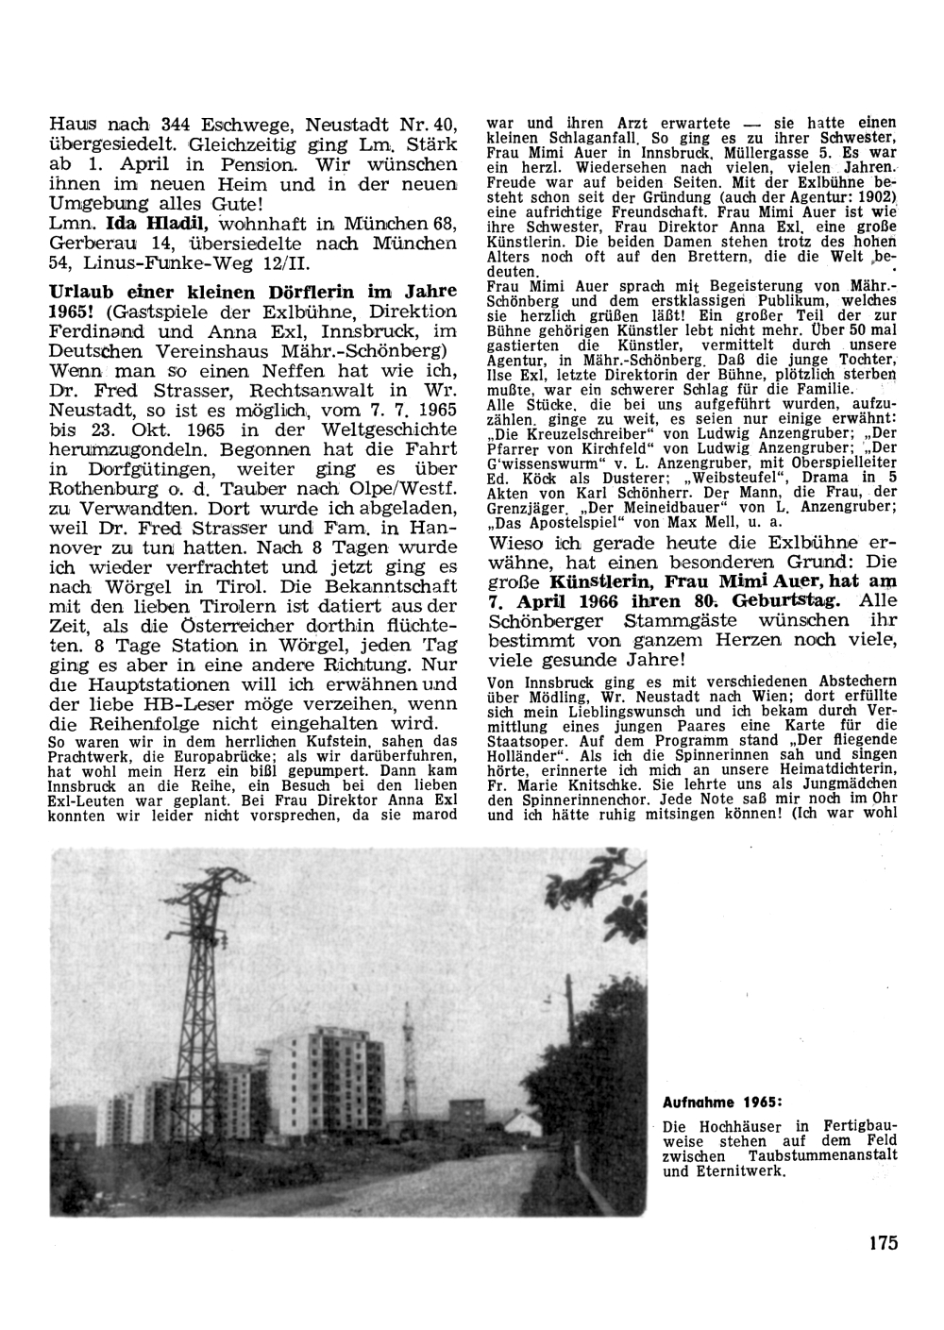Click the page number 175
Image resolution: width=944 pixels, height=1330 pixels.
883,1242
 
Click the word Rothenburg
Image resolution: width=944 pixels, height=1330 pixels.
106,490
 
